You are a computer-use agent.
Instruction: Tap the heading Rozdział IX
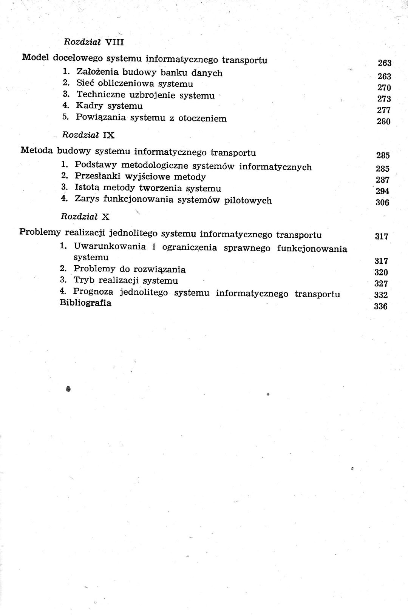click(88, 135)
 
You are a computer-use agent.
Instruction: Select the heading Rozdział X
click(85, 217)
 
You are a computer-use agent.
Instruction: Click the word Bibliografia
click(85, 303)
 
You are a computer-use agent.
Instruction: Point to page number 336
click(381, 306)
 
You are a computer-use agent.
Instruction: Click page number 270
click(384, 88)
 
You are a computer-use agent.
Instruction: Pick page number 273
click(384, 99)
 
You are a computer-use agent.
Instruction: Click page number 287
click(383, 180)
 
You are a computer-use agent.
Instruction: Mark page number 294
click(383, 191)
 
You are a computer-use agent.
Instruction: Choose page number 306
click(382, 203)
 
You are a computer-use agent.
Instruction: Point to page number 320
click(381, 272)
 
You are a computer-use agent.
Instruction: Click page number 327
click(381, 284)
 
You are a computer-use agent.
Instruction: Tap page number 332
click(381, 295)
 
